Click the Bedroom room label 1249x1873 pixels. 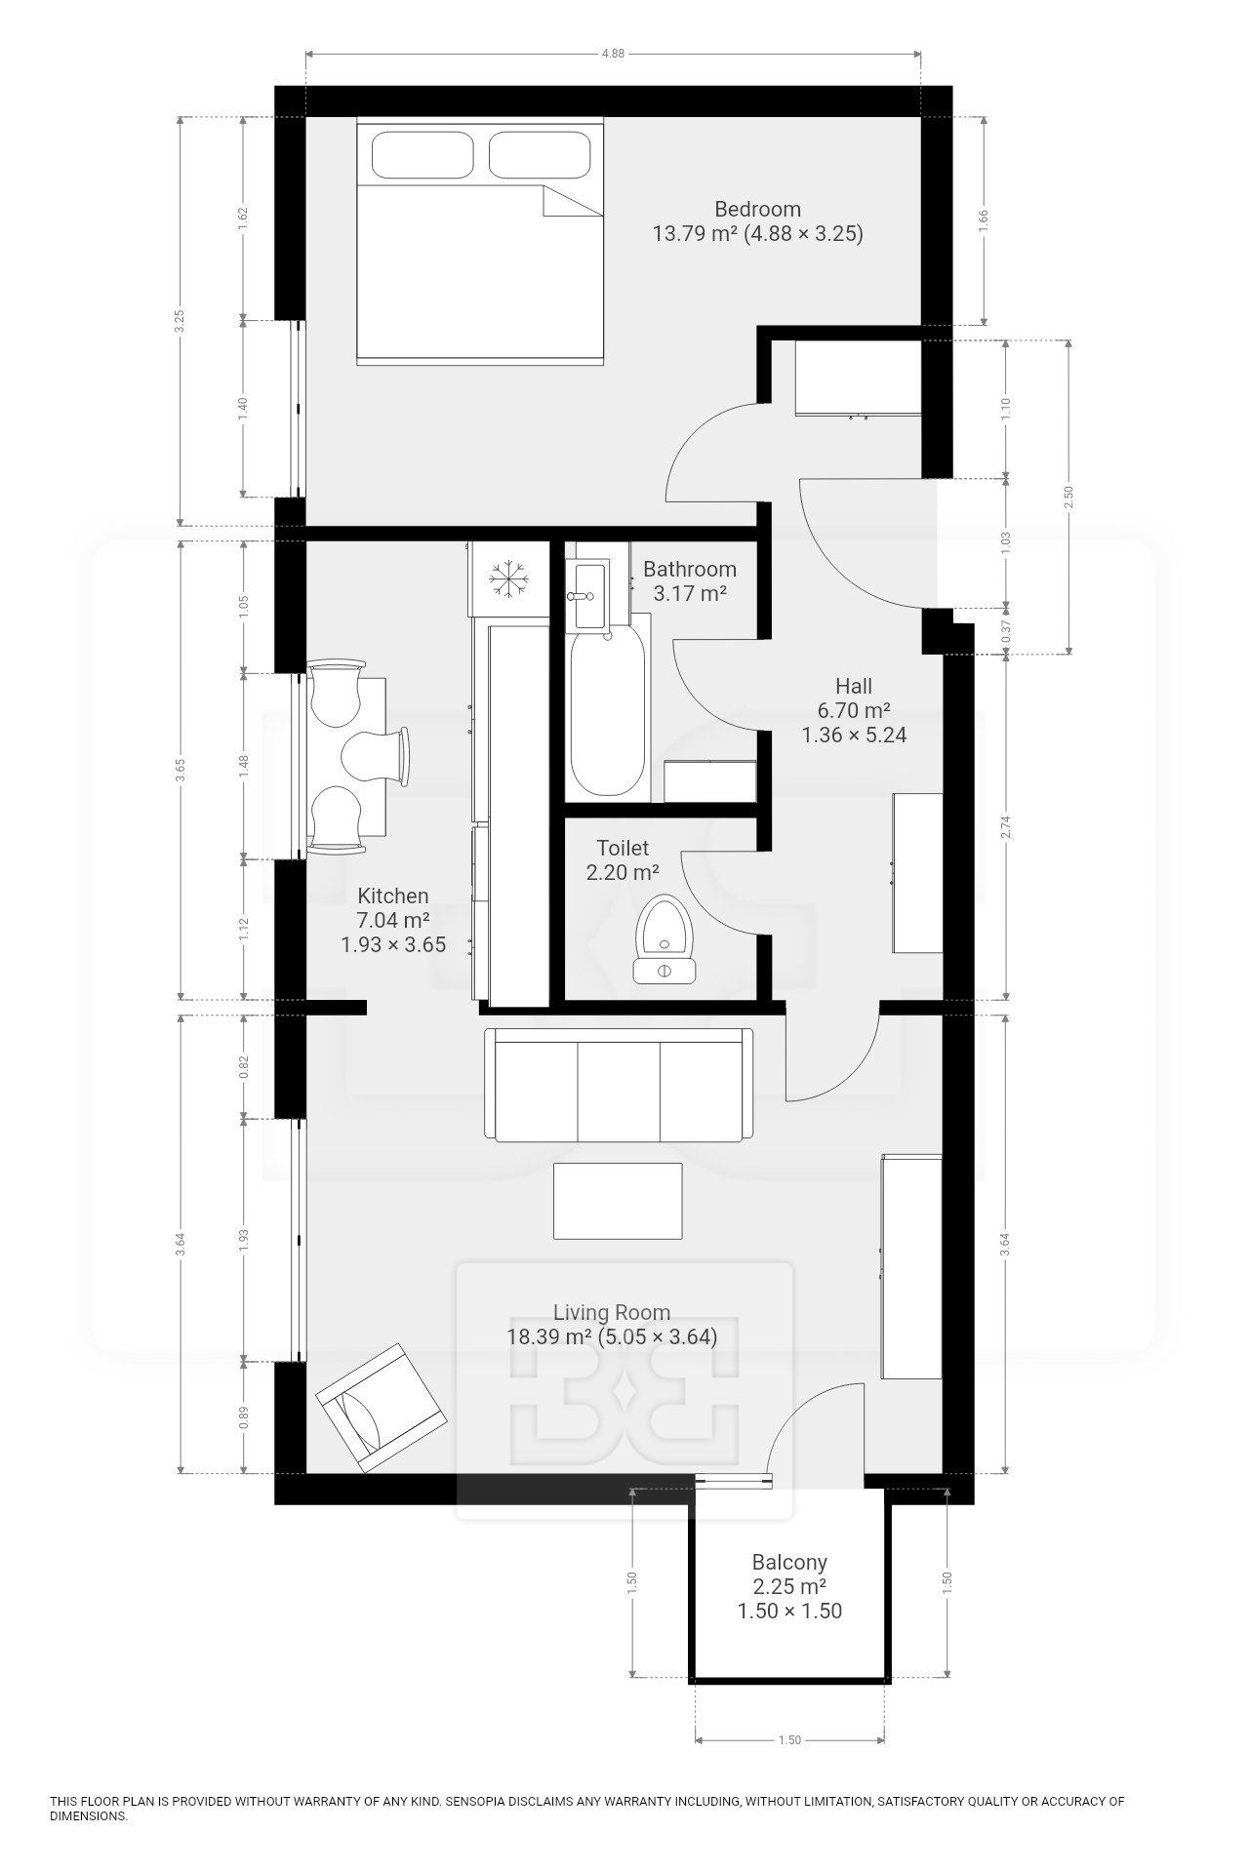pos(757,209)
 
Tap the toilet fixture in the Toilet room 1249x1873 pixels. pos(665,937)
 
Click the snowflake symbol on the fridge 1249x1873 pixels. pos(508,578)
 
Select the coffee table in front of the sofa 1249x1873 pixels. pos(619,1201)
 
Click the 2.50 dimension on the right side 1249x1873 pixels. pos(1069,498)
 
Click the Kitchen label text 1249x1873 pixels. pos(392,896)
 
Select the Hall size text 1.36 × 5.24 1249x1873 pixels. pos(854,735)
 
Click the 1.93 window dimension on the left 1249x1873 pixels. pos(244,1240)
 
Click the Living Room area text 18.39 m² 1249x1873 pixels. pos(549,1336)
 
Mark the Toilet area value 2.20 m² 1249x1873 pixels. pos(623,872)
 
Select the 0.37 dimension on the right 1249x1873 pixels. pos(1007,632)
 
